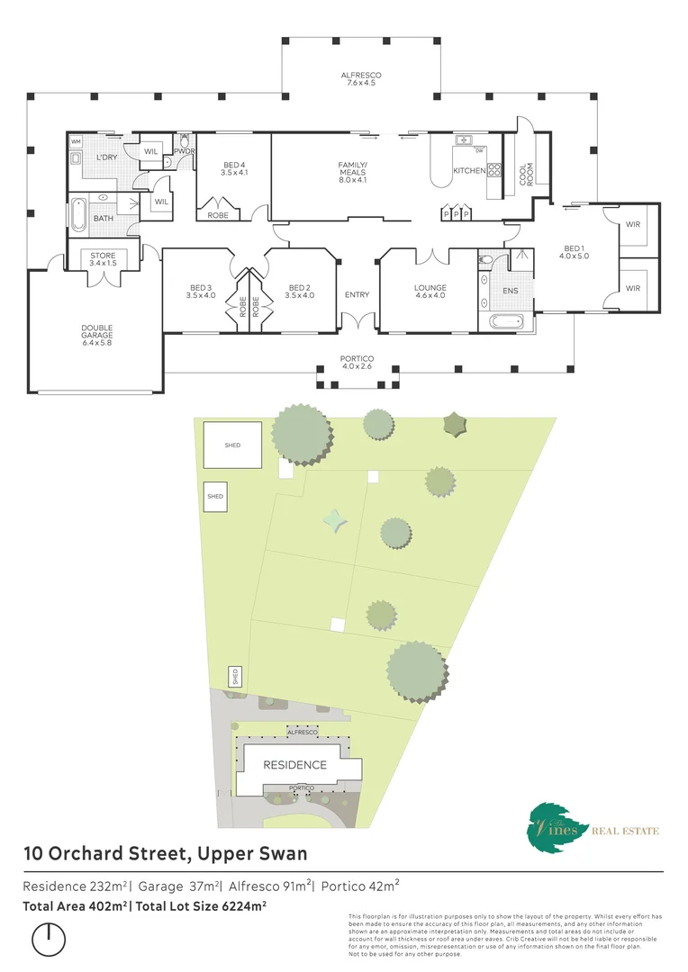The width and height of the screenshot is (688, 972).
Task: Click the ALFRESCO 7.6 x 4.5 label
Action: [x=358, y=78]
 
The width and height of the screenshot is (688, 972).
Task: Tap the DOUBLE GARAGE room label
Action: [x=96, y=335]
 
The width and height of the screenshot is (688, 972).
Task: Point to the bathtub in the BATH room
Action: [x=78, y=213]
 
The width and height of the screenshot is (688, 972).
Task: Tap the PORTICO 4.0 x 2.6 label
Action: [x=357, y=363]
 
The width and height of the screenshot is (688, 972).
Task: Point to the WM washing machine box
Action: [x=76, y=141]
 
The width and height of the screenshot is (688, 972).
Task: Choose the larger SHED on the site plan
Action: [x=232, y=445]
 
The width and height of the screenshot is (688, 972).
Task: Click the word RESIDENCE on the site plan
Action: [x=294, y=765]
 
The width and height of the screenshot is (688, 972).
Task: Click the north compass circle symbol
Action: [x=49, y=940]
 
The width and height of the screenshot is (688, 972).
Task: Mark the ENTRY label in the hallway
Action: [x=357, y=294]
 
